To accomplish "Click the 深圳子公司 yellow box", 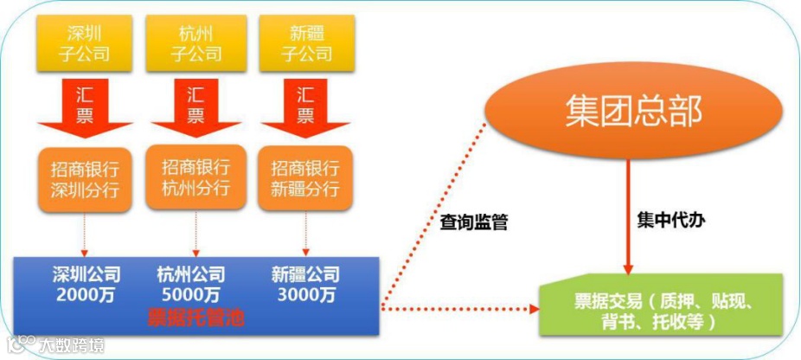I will (86, 44).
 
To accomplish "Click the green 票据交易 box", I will (660, 305).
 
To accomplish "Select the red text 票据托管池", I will (195, 318).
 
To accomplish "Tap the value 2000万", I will (85, 296).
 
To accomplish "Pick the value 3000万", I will (305, 296).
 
